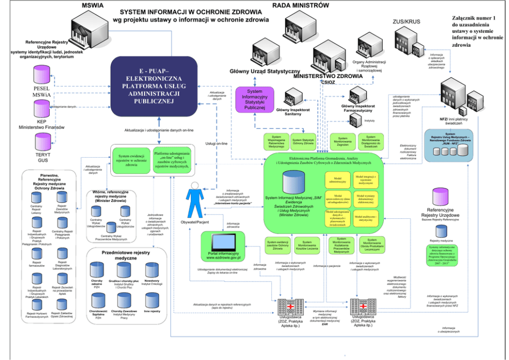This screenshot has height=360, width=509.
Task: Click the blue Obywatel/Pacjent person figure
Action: tap(194, 198)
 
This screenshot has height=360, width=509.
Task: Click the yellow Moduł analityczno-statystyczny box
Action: tap(365, 217)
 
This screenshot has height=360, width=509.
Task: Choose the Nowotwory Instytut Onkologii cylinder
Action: tap(152, 271)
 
